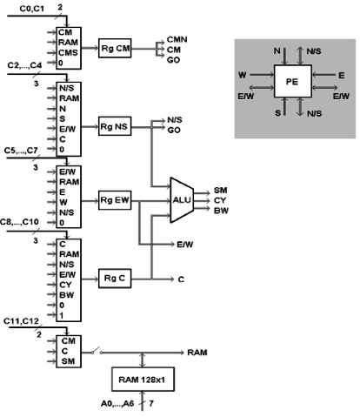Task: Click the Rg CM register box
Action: [115, 48]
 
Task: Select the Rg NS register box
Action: [115, 126]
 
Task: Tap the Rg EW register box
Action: [115, 200]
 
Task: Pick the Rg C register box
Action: [115, 279]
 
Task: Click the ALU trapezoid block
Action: [182, 200]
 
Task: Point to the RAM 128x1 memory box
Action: [143, 380]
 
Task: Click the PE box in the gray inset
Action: [293, 81]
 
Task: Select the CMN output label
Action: [177, 39]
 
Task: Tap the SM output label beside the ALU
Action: [221, 190]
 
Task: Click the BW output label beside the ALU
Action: [221, 211]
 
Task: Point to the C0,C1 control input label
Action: [32, 9]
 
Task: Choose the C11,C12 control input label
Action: [21, 321]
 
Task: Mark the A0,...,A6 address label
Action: [117, 403]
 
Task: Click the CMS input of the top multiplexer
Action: [68, 53]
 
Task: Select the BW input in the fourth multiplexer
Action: [67, 295]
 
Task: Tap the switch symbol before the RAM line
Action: [96, 351]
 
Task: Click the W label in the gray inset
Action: [243, 75]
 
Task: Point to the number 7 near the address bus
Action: [151, 403]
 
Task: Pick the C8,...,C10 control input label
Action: [19, 222]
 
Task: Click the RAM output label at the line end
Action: [197, 353]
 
